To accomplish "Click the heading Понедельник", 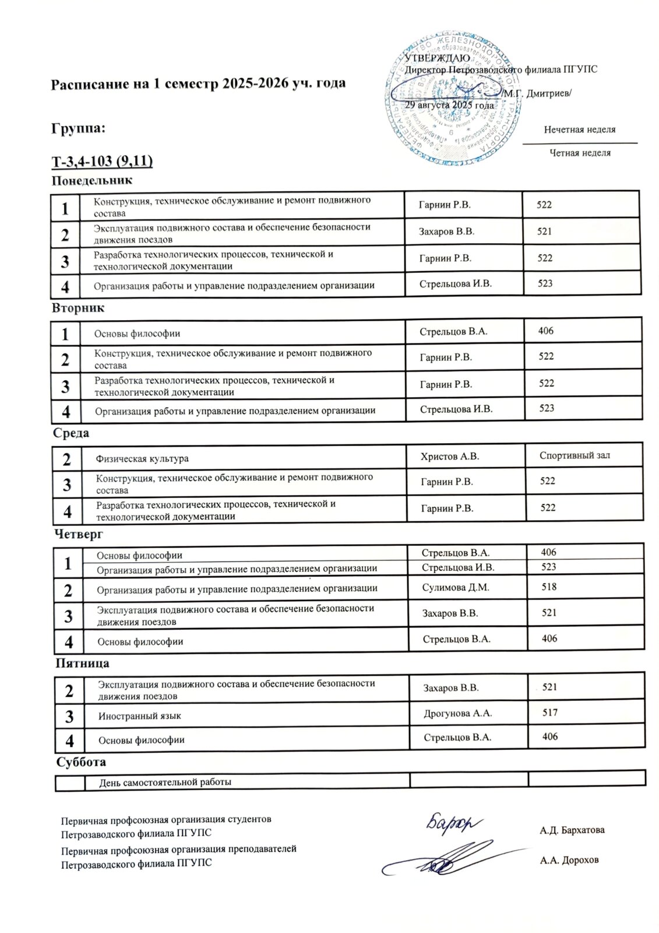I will click(91, 181).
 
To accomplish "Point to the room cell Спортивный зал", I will click(575, 455).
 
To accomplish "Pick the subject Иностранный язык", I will click(139, 715).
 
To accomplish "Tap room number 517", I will click(549, 712).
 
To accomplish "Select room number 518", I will click(549, 587).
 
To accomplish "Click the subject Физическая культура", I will click(142, 458).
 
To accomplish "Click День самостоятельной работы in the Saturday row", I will click(165, 782).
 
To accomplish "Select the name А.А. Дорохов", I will click(569, 860).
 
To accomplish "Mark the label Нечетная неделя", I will click(579, 129).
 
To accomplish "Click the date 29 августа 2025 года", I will click(449, 106).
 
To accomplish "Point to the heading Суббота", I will click(81, 762).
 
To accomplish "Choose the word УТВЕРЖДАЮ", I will click(434, 58).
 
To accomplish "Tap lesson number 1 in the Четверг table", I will click(68, 563).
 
